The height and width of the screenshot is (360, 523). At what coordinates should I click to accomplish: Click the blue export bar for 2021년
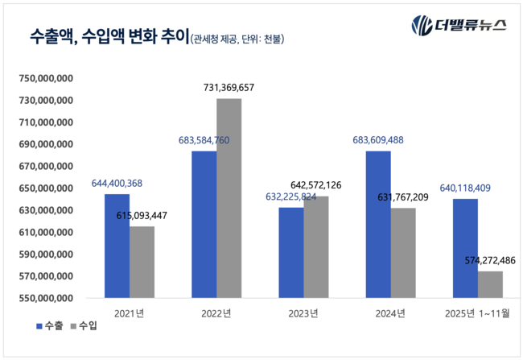[117, 246]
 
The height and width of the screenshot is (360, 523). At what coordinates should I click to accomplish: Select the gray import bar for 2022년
[229, 198]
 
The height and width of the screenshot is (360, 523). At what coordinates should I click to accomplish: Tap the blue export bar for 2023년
[291, 252]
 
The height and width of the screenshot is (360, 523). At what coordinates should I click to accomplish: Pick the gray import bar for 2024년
[403, 253]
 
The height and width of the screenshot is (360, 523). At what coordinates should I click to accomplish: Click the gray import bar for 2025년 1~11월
[490, 284]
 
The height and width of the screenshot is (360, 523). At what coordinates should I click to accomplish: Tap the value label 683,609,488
[389, 139]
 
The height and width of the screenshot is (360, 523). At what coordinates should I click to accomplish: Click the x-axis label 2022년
[216, 312]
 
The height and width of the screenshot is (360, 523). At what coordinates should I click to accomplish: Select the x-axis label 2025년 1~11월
[477, 312]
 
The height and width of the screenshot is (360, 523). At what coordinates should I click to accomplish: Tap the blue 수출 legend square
[39, 326]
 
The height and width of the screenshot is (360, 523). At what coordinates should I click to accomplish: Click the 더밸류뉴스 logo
[459, 24]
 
